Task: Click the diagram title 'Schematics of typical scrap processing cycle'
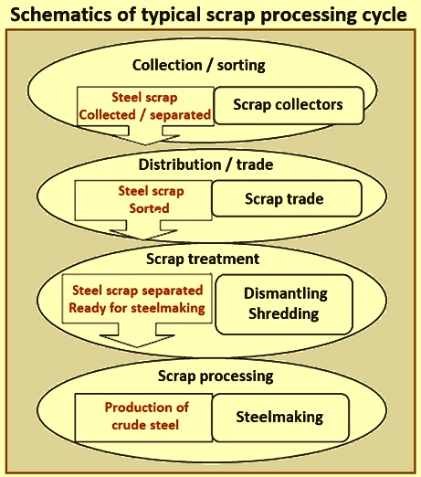pos(208,15)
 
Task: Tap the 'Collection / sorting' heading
pos(198,65)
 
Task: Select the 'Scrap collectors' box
pos(289,105)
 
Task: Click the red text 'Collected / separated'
pos(145,115)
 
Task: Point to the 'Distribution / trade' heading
pos(205,164)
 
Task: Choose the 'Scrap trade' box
pos(287,198)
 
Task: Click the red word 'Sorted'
pos(149,208)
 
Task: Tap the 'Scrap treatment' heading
pos(203,260)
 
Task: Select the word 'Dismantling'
pos(286,293)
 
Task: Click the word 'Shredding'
pos(284,313)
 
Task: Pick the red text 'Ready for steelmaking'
pos(137,308)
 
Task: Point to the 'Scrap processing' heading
pos(216,376)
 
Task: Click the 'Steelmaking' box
pos(280,418)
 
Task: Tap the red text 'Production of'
pos(147,408)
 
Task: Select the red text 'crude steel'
pos(145,425)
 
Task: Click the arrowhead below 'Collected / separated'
pos(145,140)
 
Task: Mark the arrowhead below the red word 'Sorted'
pos(143,235)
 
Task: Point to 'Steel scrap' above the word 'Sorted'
pos(151,191)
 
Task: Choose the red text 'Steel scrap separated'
pos(137,291)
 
